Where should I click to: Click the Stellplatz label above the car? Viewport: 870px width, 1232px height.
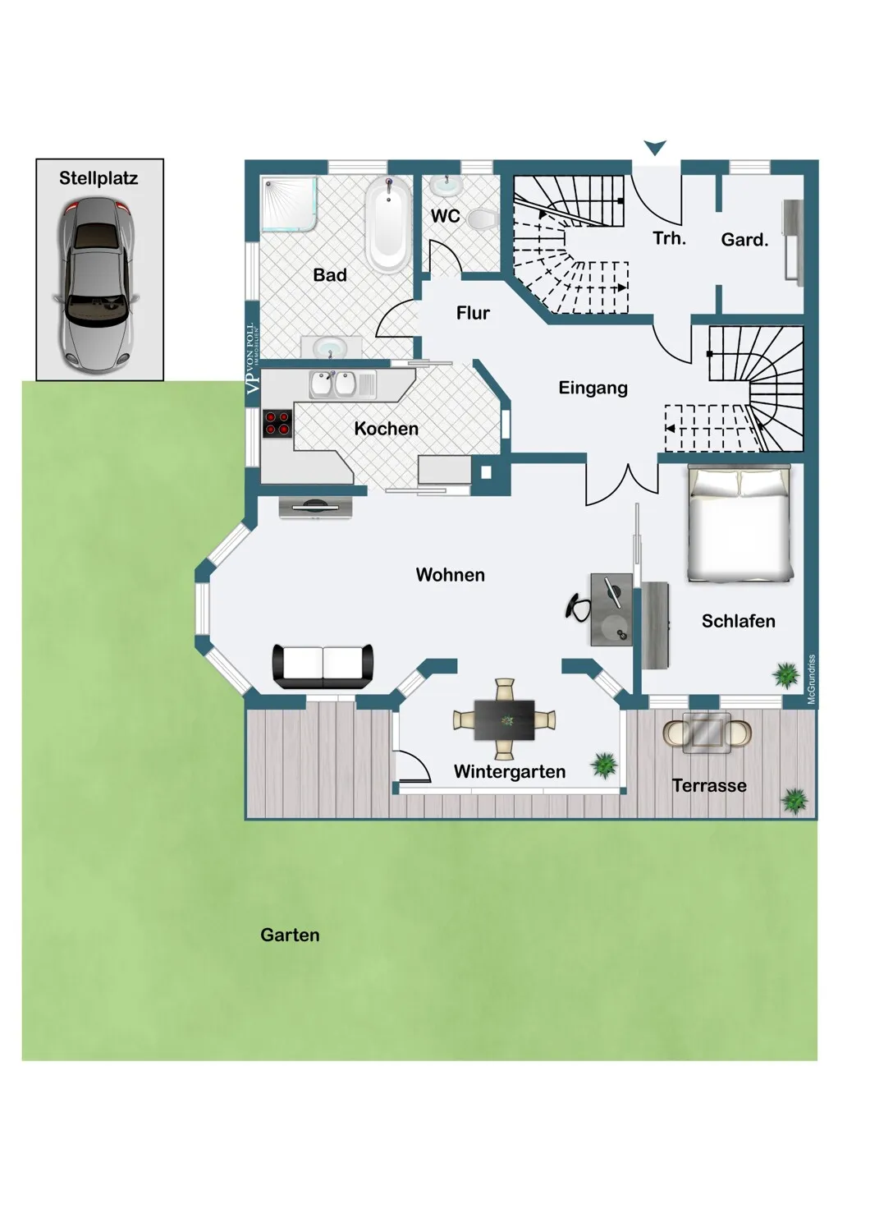pos(98,178)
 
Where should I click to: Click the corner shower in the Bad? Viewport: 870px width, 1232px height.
pos(289,204)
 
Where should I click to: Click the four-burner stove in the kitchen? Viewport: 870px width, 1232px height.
pos(277,424)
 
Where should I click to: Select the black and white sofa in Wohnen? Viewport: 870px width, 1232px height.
pos(323,666)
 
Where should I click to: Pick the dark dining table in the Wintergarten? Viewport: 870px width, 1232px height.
pos(505,719)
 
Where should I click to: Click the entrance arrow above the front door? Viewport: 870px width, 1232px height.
pos(655,147)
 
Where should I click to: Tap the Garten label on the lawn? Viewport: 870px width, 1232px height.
pos(290,935)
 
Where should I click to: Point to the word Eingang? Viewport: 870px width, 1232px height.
pos(593,388)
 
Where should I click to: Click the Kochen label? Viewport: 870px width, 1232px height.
pos(386,429)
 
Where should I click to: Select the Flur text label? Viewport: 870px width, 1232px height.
pos(473,313)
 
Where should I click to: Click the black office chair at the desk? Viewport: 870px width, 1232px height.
pos(578,608)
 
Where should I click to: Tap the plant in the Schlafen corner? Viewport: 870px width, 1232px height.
pos(786,674)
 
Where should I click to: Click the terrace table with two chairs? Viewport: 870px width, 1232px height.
pos(707,732)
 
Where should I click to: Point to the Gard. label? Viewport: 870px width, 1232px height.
pos(744,240)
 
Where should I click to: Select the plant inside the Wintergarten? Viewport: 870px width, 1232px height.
pos(604,765)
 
